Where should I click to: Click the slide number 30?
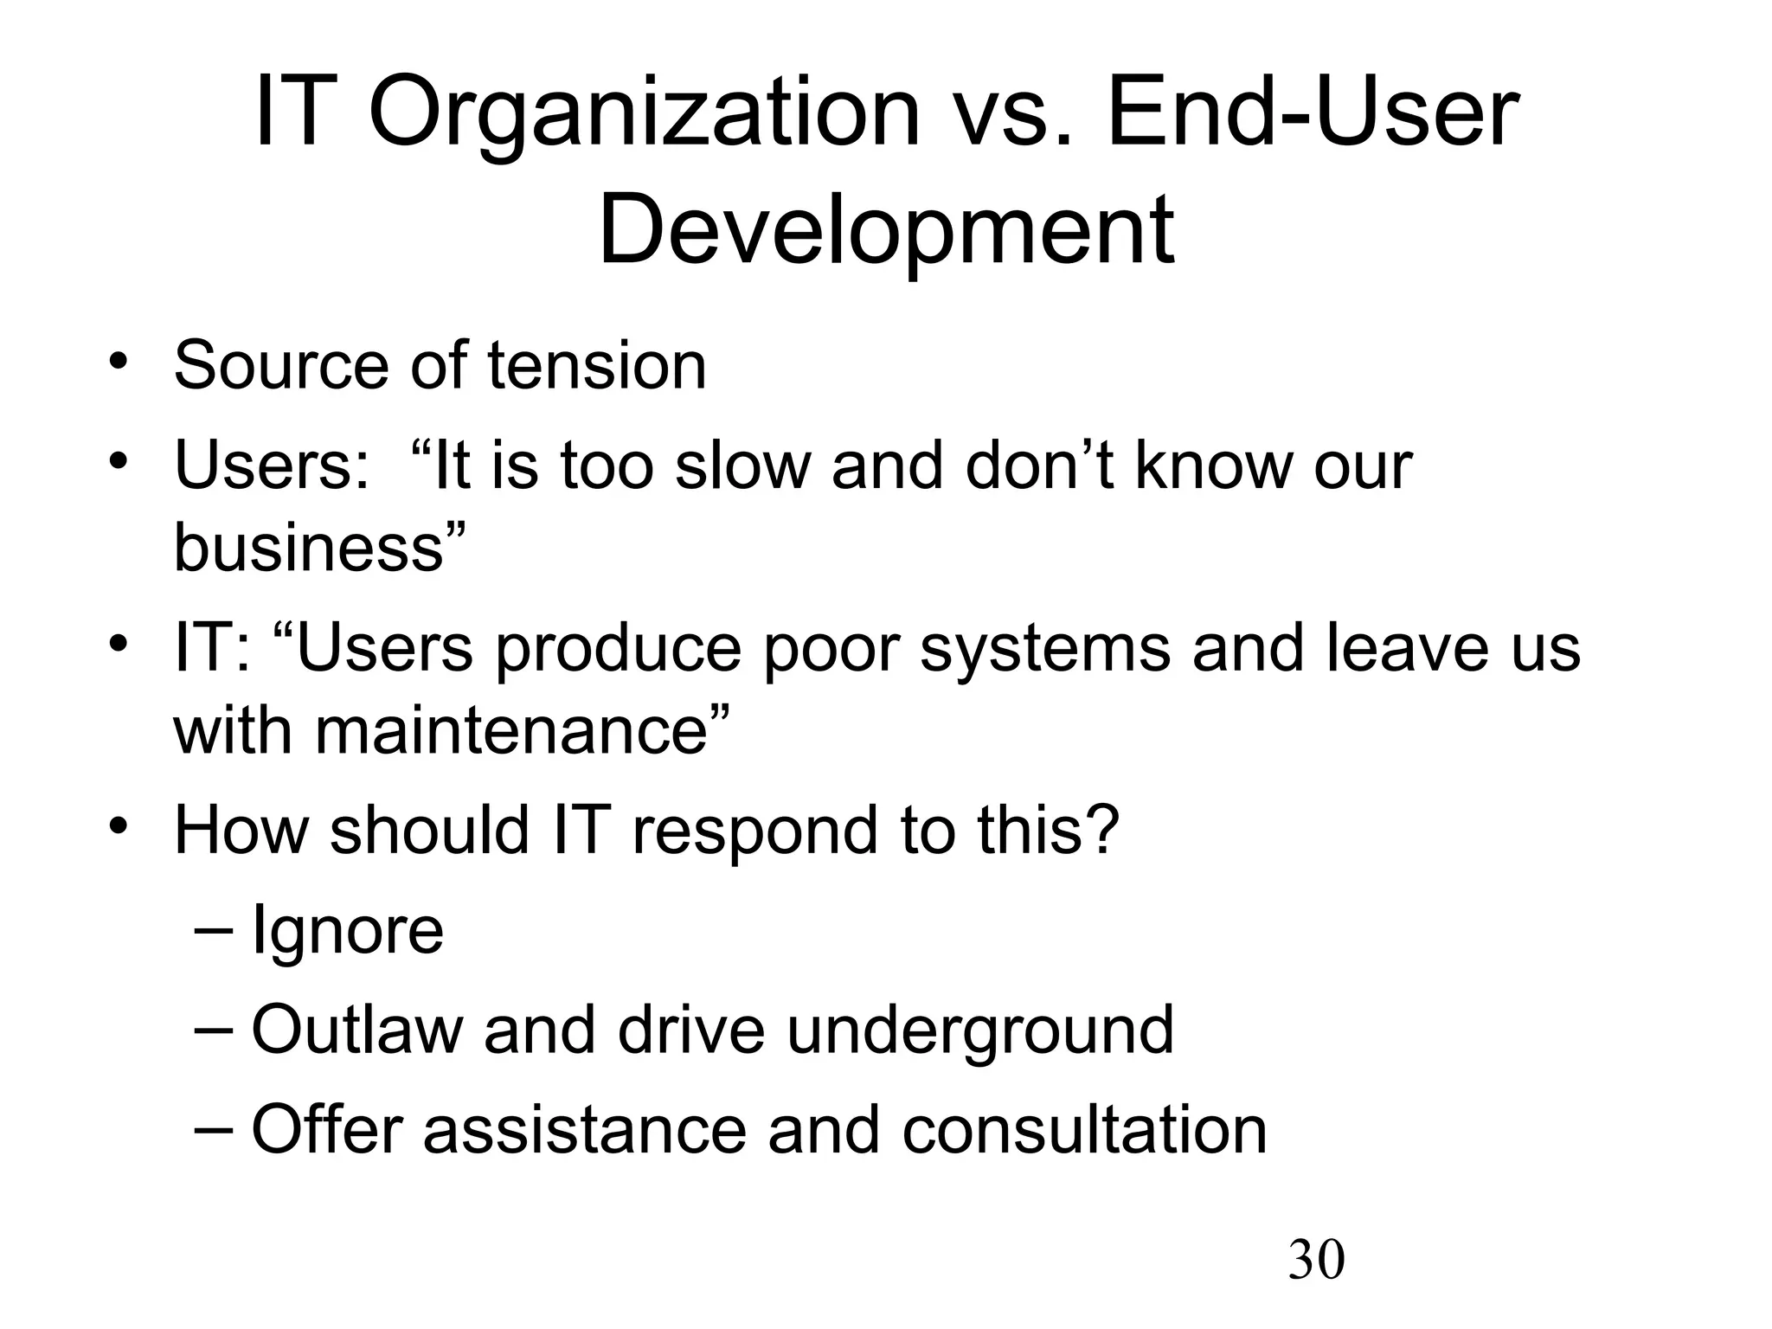(x=1316, y=1260)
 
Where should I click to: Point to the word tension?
(x=597, y=365)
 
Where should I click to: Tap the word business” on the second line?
(x=320, y=548)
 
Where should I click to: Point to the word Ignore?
(x=347, y=931)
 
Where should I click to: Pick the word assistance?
(x=584, y=1130)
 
